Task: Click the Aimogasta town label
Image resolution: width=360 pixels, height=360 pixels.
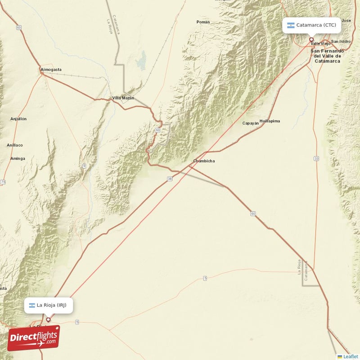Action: click(x=50, y=70)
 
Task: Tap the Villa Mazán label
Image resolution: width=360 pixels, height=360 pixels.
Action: click(x=123, y=98)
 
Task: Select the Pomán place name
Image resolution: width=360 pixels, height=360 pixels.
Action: click(x=203, y=22)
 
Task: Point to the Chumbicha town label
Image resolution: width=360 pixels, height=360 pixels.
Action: click(x=204, y=161)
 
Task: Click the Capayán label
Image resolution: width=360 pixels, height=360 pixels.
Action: click(x=251, y=123)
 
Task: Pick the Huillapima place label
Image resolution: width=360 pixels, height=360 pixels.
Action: click(x=270, y=121)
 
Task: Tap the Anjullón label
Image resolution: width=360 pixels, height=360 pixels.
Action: click(x=18, y=119)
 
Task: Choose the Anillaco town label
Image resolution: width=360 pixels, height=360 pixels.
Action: click(x=15, y=145)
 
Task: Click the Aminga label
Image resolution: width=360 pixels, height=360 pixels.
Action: click(x=18, y=158)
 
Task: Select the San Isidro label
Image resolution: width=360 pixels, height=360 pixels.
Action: click(x=341, y=41)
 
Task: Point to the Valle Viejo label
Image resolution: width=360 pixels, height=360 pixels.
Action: click(x=321, y=44)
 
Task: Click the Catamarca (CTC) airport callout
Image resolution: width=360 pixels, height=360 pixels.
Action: click(x=311, y=25)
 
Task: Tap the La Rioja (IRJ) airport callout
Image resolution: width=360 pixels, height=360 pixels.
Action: click(x=48, y=305)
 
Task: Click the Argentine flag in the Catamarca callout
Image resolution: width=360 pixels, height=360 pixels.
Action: click(x=291, y=25)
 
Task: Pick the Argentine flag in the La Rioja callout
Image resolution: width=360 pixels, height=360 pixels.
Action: click(x=32, y=306)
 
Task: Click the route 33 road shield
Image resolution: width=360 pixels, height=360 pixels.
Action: click(x=316, y=158)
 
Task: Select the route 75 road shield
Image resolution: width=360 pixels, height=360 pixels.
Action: click(x=3, y=182)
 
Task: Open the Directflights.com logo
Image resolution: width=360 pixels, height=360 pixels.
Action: click(x=34, y=338)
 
